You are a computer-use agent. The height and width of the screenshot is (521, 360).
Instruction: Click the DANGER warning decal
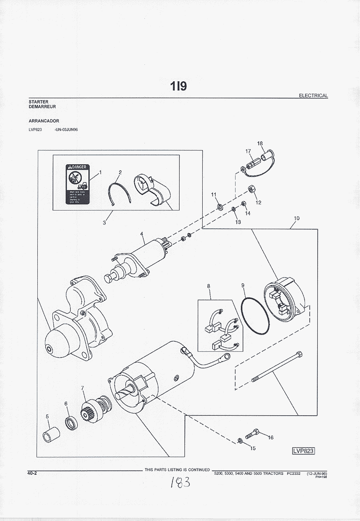pyautogui.click(x=78, y=185)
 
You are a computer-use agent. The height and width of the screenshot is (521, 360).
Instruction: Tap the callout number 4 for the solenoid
pyautogui.click(x=142, y=234)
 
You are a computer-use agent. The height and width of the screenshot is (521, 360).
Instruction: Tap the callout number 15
pyautogui.click(x=253, y=448)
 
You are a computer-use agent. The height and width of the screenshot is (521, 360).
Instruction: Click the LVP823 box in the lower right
pyautogui.click(x=303, y=450)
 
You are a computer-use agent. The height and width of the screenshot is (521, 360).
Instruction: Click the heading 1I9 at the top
pyautogui.click(x=179, y=86)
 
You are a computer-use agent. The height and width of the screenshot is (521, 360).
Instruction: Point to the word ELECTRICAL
pyautogui.click(x=313, y=95)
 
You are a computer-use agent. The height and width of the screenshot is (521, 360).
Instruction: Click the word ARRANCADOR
pyautogui.click(x=44, y=121)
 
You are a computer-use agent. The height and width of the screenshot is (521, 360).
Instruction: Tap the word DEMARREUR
pyautogui.click(x=42, y=107)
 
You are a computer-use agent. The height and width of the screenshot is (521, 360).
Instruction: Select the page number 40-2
pyautogui.click(x=32, y=473)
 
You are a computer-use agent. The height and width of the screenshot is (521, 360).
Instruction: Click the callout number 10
pyautogui.click(x=296, y=218)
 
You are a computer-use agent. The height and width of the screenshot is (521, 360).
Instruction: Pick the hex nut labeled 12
pyautogui.click(x=250, y=189)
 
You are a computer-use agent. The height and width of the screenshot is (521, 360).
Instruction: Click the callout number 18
pyautogui.click(x=260, y=143)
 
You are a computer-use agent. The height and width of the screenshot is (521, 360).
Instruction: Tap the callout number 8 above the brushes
pyautogui.click(x=208, y=286)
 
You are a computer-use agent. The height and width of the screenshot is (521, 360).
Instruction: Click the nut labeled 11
pyautogui.click(x=220, y=206)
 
